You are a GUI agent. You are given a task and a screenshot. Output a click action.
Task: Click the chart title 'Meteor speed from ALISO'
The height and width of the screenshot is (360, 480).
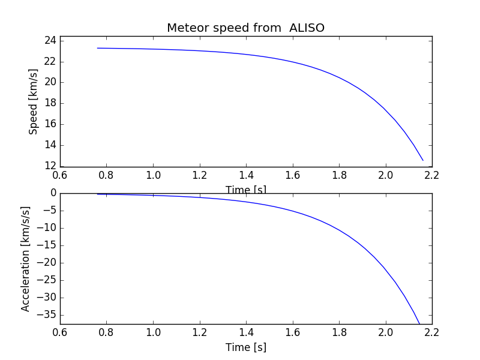coord(245,28)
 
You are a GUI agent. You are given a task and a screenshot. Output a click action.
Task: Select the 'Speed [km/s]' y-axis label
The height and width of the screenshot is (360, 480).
coord(34,101)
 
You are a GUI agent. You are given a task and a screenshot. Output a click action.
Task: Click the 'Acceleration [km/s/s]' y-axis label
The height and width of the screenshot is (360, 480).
coord(26,259)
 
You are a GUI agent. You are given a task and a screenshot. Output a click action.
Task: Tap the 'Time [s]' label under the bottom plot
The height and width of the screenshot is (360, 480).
coord(245,347)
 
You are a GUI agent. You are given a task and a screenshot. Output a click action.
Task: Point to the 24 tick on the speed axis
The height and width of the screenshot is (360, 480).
coord(50,40)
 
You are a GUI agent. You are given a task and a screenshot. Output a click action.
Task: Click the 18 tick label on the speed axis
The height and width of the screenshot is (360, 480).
coord(50,103)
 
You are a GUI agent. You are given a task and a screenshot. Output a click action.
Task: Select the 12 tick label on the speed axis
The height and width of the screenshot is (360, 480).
coord(50,166)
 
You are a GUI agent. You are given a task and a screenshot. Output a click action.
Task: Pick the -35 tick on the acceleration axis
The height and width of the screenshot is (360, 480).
coord(47,314)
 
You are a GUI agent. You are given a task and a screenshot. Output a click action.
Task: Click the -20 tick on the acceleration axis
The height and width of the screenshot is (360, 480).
coord(47,262)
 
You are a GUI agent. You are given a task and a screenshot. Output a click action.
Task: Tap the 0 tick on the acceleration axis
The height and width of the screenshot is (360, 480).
coord(53,193)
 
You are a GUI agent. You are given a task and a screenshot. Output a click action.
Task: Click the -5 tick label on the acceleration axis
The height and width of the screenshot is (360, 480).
coord(49,211)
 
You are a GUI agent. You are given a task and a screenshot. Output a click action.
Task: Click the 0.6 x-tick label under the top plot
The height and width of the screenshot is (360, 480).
coord(60,175)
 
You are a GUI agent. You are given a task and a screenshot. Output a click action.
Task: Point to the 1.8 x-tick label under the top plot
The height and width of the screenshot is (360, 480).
coord(339,175)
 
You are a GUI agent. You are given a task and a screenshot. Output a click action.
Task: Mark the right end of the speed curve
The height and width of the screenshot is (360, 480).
coord(423,160)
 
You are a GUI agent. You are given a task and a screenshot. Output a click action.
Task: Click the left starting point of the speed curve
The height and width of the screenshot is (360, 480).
coord(97,48)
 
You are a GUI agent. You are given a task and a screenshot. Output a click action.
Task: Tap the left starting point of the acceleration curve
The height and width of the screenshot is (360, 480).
coord(97,194)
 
